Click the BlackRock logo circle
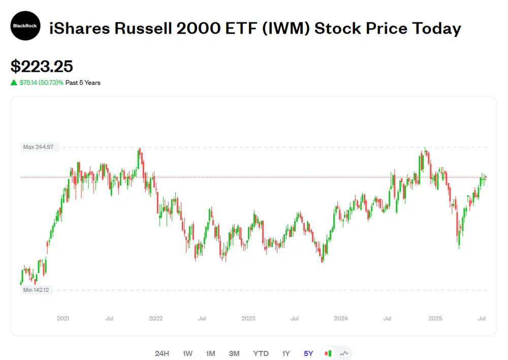25,25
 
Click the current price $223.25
42,66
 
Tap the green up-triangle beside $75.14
14,82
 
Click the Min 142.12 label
36,290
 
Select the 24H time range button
162,353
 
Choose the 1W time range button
187,353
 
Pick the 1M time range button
210,353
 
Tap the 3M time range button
234,353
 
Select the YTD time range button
261,353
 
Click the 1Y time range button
286,353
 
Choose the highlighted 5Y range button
308,353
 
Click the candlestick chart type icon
328,353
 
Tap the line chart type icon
344,353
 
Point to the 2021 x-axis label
63,319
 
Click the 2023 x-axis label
248,319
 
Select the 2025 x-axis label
435,319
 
